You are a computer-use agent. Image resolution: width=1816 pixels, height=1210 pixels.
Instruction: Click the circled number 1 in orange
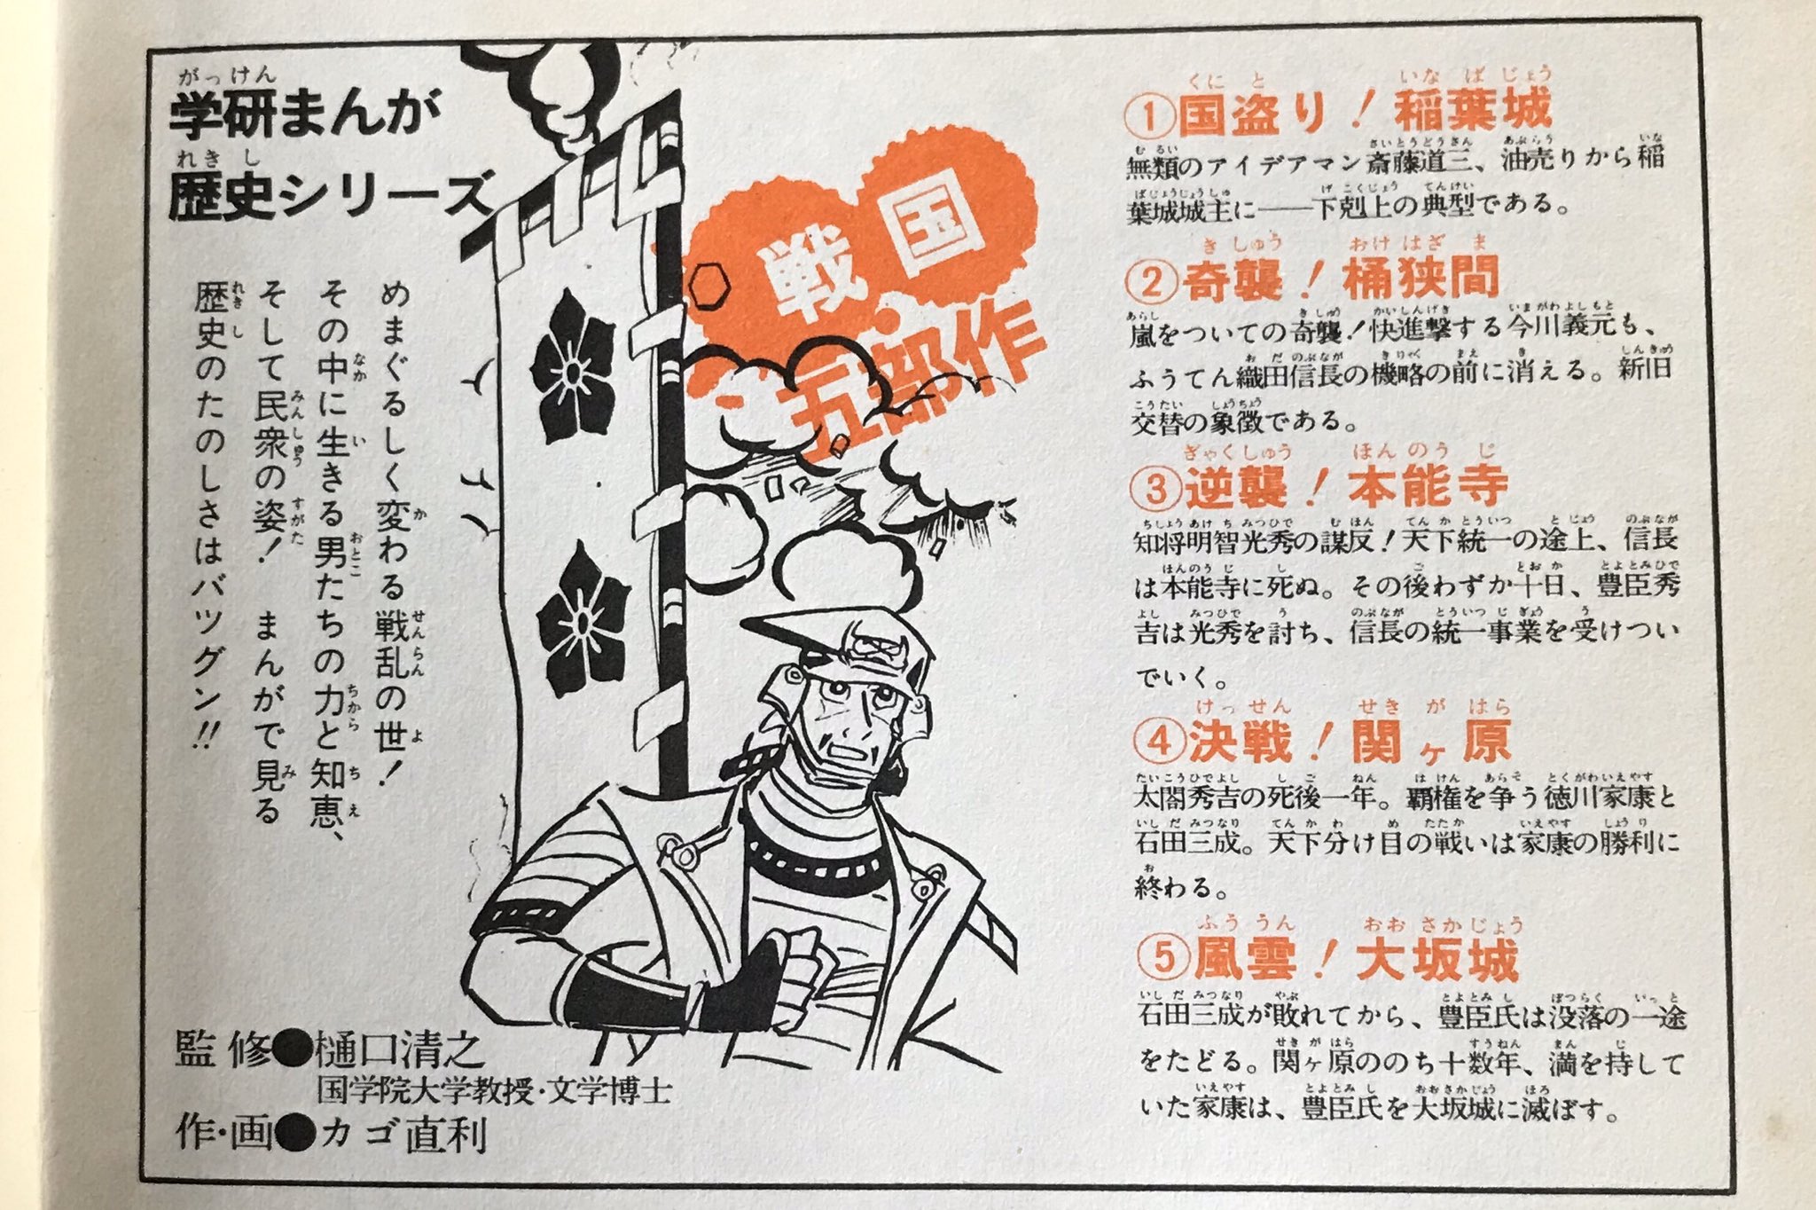(1152, 115)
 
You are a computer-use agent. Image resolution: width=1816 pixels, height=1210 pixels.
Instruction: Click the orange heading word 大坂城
(1437, 958)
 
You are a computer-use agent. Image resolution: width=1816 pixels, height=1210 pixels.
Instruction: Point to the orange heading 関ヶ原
(1431, 742)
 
